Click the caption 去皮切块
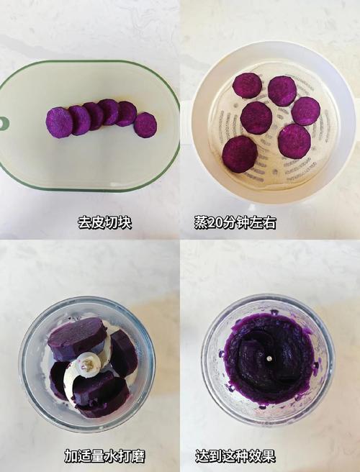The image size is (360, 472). tap(104, 223)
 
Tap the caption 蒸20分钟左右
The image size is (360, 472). tap(235, 223)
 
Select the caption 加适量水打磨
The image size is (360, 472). tap(104, 456)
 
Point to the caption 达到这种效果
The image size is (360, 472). tap(235, 456)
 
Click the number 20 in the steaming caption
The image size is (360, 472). tap(215, 223)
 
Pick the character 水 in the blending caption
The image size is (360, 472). tap(111, 456)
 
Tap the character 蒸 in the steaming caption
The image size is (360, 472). tap(201, 223)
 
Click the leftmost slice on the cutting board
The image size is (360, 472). tap(59, 122)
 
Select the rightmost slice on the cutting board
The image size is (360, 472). tap(145, 125)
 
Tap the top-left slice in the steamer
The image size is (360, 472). tap(247, 86)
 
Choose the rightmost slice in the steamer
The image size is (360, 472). tap(305, 111)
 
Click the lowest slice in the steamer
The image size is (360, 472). tap(240, 154)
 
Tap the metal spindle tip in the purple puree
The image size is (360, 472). tap(268, 358)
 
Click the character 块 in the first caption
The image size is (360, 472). tap(124, 223)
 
